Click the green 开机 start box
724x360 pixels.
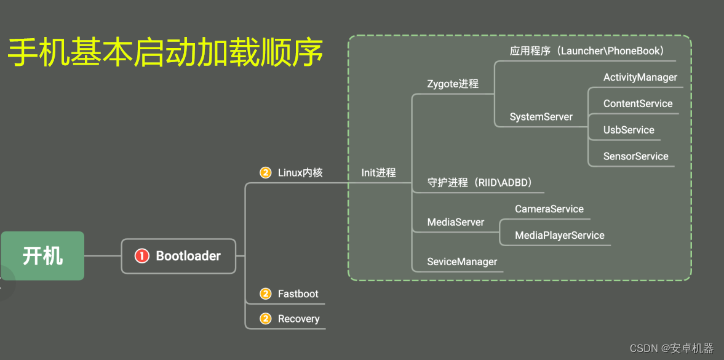click(42, 255)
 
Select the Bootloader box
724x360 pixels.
click(178, 256)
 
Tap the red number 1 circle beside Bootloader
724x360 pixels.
click(142, 256)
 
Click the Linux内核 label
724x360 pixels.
click(300, 173)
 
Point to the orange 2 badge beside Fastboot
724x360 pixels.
click(266, 294)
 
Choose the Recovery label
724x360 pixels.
click(298, 319)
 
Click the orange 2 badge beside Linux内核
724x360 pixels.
click(266, 173)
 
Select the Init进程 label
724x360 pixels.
click(378, 173)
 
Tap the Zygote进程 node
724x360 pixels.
click(453, 84)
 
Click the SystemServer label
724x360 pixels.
click(541, 117)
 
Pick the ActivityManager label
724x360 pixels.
click(640, 78)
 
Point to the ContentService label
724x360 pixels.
click(638, 104)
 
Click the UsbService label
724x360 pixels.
click(629, 130)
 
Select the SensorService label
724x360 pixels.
click(635, 156)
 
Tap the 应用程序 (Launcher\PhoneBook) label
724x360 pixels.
click(586, 51)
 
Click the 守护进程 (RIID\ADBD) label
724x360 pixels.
click(479, 183)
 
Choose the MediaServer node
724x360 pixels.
click(455, 222)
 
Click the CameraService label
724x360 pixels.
click(549, 209)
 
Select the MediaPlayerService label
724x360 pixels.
click(559, 235)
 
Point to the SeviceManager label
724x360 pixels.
click(462, 262)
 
